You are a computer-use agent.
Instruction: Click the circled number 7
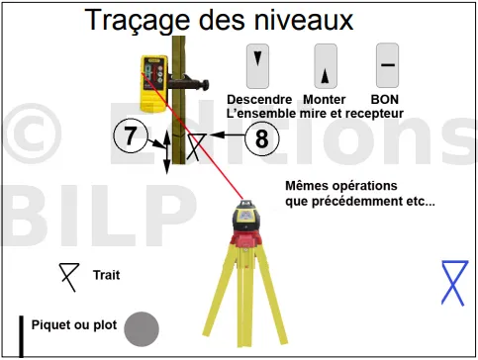(131, 135)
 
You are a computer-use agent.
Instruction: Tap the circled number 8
(262, 138)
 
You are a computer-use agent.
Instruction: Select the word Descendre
(259, 100)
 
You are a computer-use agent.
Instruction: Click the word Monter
(325, 100)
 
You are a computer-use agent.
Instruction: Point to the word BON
(385, 100)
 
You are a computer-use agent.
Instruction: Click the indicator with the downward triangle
(257, 66)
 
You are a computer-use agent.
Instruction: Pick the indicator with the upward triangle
(326, 66)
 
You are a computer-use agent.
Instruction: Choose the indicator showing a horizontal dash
(388, 65)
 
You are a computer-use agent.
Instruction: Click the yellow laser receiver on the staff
(154, 84)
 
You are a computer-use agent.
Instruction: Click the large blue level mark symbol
(454, 283)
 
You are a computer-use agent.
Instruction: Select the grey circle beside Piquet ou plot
(142, 329)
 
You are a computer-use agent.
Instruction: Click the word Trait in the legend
(106, 275)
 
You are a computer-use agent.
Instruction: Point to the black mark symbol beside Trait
(69, 277)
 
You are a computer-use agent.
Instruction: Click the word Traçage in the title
(138, 21)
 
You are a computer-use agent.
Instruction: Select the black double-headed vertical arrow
(167, 152)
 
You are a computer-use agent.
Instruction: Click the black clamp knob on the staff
(206, 85)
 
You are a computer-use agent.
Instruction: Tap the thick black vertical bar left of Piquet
(21, 336)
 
